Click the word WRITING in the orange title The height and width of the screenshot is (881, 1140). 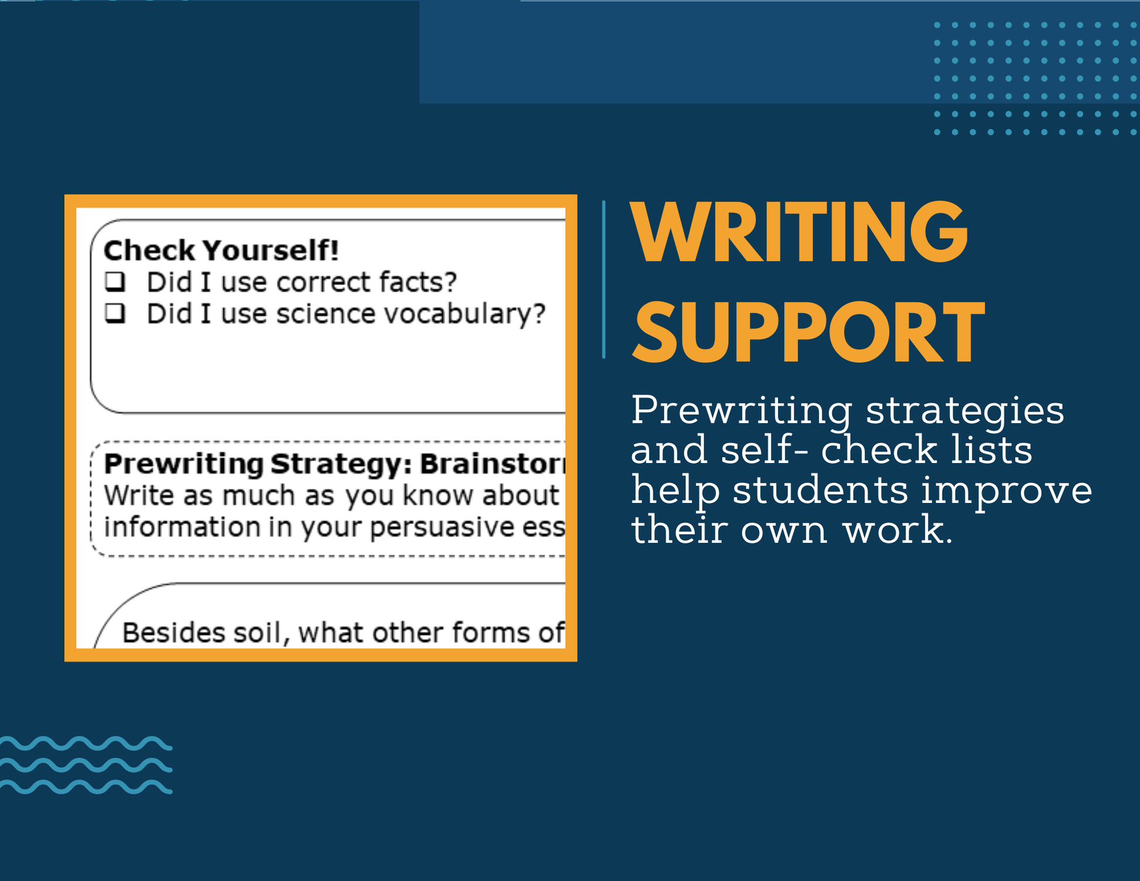[799, 233]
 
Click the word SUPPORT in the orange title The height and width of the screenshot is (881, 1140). [808, 332]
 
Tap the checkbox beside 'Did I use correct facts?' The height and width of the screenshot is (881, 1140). [115, 281]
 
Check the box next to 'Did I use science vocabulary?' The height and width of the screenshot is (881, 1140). [115, 313]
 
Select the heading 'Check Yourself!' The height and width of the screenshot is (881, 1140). [221, 250]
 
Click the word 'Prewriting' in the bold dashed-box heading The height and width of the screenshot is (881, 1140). [183, 464]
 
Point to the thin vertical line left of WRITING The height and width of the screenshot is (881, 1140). [603, 280]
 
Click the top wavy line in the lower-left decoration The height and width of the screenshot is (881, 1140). [86, 744]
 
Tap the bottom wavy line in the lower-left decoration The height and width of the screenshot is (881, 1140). [86, 787]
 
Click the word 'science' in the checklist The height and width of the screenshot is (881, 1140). [326, 314]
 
